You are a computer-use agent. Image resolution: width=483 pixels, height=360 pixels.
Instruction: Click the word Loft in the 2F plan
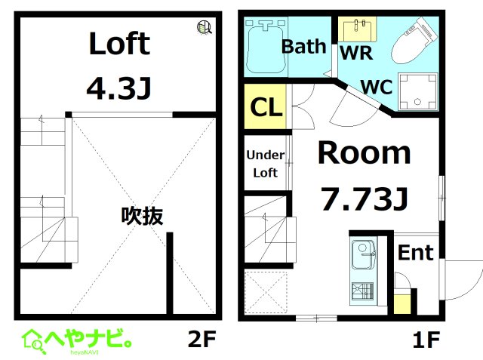pyautogui.click(x=119, y=44)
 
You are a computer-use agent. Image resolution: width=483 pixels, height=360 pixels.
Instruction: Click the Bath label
pyautogui.click(x=303, y=47)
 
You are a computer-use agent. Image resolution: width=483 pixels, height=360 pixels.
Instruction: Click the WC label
pyautogui.click(x=376, y=86)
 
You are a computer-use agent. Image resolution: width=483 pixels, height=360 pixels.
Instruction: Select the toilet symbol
pyautogui.click(x=414, y=42)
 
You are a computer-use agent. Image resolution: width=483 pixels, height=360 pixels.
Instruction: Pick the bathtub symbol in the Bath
pyautogui.click(x=264, y=45)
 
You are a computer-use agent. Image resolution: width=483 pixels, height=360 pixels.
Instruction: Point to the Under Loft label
pyautogui.click(x=265, y=164)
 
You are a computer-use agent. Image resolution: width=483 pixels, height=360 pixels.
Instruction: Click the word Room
pyautogui.click(x=364, y=153)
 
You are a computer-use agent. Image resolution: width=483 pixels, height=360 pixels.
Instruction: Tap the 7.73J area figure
pyautogui.click(x=365, y=199)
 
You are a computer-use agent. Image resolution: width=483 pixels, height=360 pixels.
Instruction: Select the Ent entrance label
pyautogui.click(x=416, y=253)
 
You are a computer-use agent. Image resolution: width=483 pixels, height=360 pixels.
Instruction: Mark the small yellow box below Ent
pyautogui.click(x=403, y=305)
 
